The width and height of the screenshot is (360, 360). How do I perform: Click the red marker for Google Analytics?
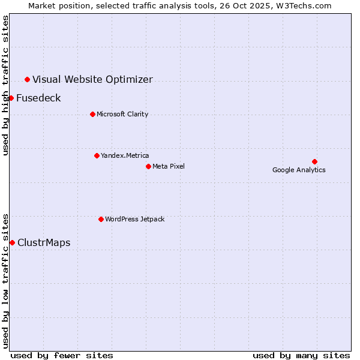pos(314,161)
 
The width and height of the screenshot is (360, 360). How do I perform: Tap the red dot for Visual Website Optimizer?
pos(27,79)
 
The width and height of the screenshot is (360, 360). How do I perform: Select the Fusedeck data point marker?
pos(11,98)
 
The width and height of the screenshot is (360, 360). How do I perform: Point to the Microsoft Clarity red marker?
pos(92,114)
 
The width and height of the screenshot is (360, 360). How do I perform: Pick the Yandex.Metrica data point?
pos(97,155)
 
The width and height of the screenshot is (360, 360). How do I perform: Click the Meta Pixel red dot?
pos(148,166)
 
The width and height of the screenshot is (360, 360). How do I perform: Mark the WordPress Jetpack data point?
pos(101,219)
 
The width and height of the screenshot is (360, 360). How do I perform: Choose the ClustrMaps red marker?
pos(12,242)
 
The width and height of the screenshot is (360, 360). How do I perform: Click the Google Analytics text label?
pos(299,170)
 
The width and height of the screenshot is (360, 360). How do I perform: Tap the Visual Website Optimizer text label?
pos(92,79)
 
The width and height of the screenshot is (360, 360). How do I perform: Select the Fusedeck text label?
pos(38,98)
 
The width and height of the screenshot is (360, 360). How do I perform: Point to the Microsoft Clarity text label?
pos(122,114)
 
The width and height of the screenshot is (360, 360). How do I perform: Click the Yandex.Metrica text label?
pos(125,155)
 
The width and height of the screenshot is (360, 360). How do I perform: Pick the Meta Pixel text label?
pos(169,166)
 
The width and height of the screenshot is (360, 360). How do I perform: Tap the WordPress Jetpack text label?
pos(134,219)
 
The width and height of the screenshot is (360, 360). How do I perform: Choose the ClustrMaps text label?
pos(44,242)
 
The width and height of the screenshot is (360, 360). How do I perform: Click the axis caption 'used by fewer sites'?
pos(62,355)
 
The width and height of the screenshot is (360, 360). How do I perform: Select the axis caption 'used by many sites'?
pos(301,355)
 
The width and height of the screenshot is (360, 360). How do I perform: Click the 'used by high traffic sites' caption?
pos(5,85)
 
